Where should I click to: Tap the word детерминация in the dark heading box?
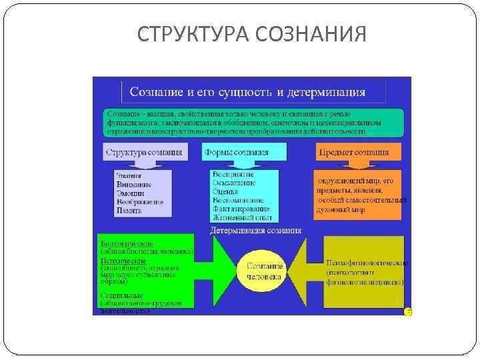(x=325, y=92)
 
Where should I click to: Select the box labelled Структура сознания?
(x=143, y=152)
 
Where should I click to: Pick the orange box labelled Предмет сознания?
(x=358, y=153)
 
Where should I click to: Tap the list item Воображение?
(x=139, y=201)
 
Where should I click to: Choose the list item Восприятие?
(x=234, y=175)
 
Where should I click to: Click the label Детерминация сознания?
(x=255, y=231)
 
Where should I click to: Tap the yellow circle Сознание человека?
(x=265, y=271)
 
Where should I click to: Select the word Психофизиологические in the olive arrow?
(x=366, y=263)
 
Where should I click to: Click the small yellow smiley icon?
(x=409, y=311)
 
